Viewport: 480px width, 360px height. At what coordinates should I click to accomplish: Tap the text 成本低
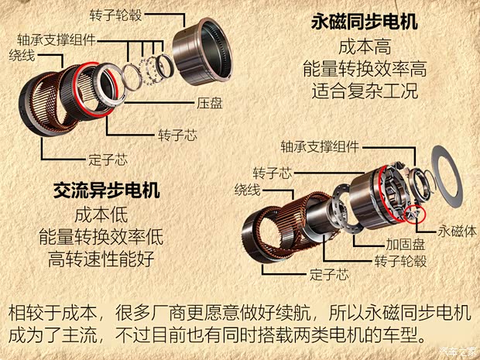pos(101,214)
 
